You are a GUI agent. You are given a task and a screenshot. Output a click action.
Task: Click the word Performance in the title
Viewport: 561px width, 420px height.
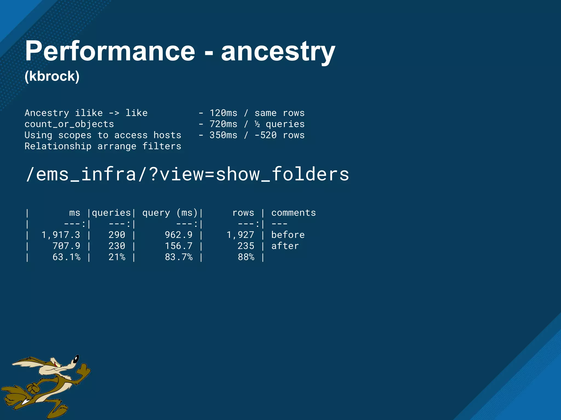(x=110, y=51)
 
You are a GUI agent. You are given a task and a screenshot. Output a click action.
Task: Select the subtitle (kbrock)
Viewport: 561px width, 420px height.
(x=52, y=76)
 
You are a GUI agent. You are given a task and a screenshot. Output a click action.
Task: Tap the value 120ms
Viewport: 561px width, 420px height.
(x=223, y=113)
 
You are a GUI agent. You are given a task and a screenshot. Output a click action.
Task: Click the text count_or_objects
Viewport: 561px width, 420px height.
(x=69, y=124)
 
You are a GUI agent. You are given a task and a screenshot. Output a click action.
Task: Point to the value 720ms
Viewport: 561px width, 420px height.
(x=223, y=124)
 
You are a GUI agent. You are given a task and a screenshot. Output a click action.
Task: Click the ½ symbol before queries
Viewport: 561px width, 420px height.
(x=257, y=124)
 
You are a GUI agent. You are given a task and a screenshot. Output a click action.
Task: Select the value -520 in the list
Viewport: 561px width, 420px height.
(x=265, y=135)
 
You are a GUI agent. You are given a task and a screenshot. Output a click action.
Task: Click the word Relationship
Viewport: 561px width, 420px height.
(x=58, y=146)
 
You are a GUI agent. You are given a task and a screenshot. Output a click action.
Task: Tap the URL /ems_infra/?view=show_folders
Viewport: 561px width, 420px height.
(x=187, y=174)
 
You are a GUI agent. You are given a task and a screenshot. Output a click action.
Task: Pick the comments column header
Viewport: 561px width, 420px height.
(x=293, y=213)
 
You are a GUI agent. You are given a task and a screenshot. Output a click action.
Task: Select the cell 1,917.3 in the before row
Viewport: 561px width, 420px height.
(x=61, y=235)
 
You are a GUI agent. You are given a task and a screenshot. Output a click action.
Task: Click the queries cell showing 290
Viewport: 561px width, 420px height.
(x=117, y=235)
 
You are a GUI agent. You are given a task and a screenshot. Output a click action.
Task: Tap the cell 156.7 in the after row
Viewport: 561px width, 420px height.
(x=178, y=246)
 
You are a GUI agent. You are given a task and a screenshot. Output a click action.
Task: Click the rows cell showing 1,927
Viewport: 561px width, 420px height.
(x=240, y=235)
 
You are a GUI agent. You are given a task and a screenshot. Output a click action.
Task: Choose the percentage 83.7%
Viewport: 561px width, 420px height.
(x=178, y=257)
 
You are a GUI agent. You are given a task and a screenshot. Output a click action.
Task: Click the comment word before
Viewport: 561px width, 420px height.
(x=288, y=235)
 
